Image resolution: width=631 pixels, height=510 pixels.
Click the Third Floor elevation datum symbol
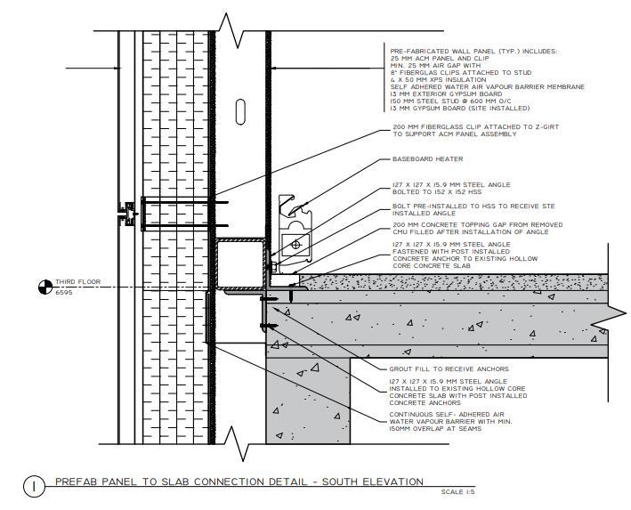tap(44, 287)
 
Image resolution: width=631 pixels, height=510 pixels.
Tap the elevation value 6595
tap(64, 293)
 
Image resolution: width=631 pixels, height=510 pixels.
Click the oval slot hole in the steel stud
tap(240, 112)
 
